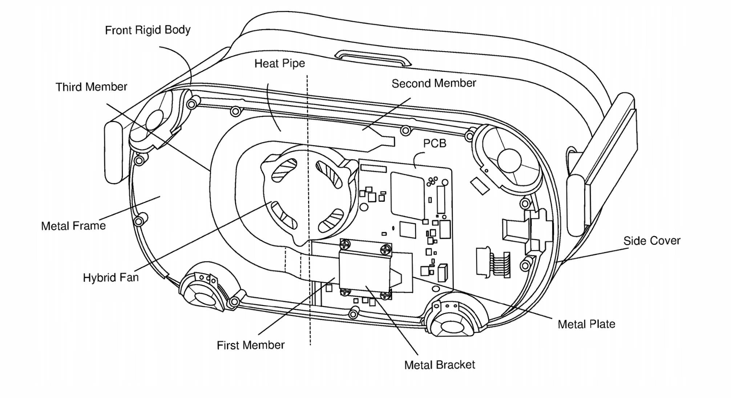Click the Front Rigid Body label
click(x=148, y=30)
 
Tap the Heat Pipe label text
click(x=279, y=63)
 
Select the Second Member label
click(x=433, y=83)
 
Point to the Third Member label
click(x=91, y=87)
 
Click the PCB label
click(x=435, y=143)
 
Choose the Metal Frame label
click(x=73, y=226)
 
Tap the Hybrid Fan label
click(x=111, y=278)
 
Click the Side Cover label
click(x=652, y=241)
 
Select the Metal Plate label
click(x=586, y=324)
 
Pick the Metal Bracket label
click(x=440, y=365)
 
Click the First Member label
click(x=250, y=345)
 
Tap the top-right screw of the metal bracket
click(x=386, y=249)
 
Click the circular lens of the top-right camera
click(x=509, y=160)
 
